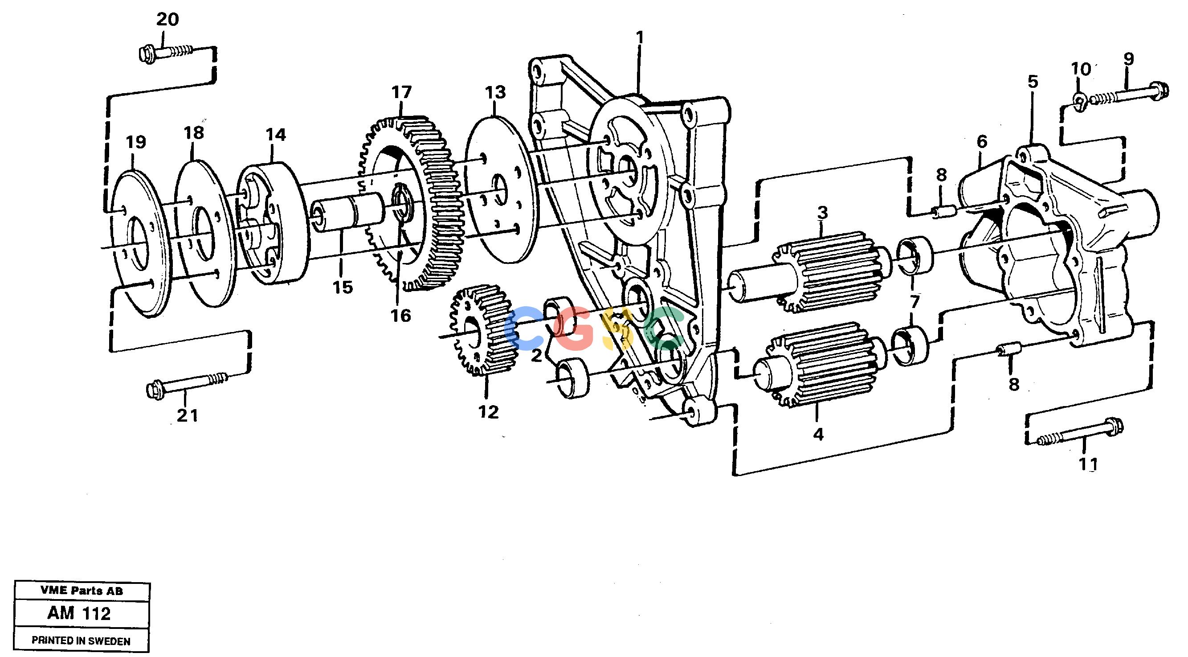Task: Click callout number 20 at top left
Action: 167,20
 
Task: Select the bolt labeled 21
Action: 186,384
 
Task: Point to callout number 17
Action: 401,92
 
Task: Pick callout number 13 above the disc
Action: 495,92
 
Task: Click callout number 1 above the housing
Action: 640,37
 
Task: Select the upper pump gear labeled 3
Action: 823,272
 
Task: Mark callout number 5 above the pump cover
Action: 1033,82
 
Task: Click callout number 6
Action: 982,142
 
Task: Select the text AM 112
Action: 79,614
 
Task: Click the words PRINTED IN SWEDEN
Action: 81,641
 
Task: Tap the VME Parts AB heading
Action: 82,591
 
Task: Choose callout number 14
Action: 275,135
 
